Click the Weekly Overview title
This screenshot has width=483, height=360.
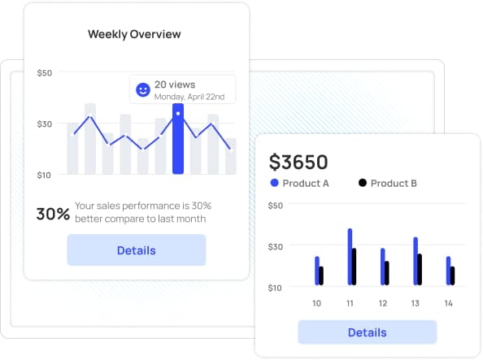click(134, 34)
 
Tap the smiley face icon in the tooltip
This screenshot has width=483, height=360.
click(142, 89)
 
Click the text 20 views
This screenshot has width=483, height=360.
click(174, 84)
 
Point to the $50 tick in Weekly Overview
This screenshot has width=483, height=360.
click(45, 72)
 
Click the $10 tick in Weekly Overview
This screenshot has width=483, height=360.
click(45, 174)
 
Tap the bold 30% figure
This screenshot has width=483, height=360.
click(53, 214)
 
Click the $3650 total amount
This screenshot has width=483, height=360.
click(298, 162)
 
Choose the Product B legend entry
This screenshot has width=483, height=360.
click(388, 183)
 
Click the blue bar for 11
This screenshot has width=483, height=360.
click(350, 256)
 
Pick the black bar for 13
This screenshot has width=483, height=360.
click(420, 269)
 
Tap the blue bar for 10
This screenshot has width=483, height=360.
click(317, 271)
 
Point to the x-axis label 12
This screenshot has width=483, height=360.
click(383, 303)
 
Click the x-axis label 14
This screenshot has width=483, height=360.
click(448, 303)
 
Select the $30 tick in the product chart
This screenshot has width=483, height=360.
click(275, 246)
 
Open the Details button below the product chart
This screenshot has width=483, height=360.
click(367, 332)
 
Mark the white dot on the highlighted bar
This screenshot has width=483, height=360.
click(178, 113)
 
